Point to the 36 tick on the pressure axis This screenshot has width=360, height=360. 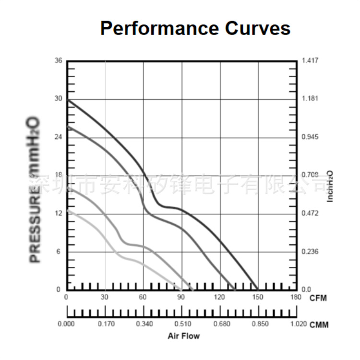tap(58, 60)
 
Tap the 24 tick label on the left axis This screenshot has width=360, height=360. tap(58, 137)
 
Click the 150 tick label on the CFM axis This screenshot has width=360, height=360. tap(258, 298)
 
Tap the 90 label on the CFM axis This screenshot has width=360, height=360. tap(181, 298)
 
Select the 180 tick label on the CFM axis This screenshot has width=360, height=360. tap(296, 298)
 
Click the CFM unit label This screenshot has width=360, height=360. tap(318, 298)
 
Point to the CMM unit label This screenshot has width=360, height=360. tap(319, 325)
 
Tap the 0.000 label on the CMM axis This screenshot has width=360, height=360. tap(67, 324)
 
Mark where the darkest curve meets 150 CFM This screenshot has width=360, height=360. tap(258, 289)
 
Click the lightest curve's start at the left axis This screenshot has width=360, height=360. tap(68, 210)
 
